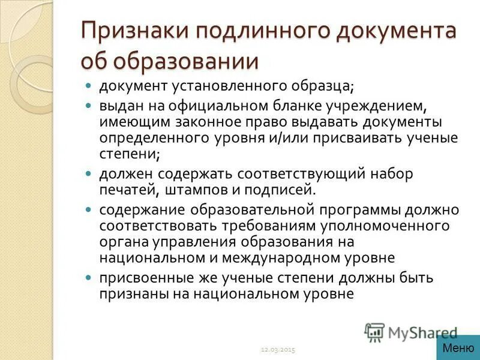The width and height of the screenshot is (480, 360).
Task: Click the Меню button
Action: pyautogui.click(x=458, y=347)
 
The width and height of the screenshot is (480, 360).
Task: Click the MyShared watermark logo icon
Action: pyautogui.click(x=374, y=332)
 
